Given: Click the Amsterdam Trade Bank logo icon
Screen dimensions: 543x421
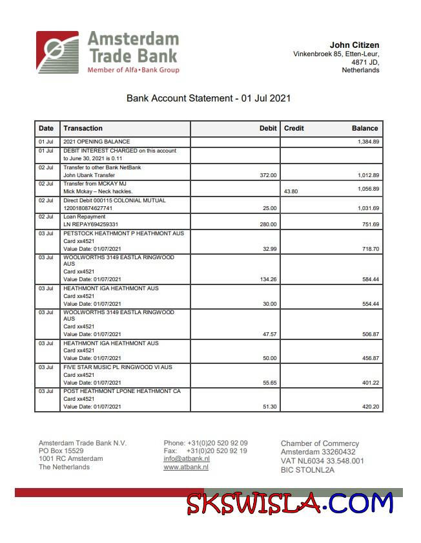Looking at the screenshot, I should [57, 52].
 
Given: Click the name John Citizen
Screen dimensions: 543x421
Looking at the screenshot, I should [354, 45].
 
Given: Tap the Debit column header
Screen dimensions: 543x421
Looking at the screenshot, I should [268, 128].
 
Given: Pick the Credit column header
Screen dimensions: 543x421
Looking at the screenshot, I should [294, 128].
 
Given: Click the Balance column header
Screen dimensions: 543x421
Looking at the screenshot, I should [365, 128].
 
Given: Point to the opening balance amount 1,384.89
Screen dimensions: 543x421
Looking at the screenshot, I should [368, 142].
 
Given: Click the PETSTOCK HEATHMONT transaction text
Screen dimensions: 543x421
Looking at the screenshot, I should [123, 233].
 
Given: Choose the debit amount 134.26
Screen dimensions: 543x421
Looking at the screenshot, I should [267, 279].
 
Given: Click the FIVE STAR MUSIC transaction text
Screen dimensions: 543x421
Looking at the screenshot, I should [118, 367].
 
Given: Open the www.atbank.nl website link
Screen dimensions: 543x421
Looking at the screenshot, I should [186, 467].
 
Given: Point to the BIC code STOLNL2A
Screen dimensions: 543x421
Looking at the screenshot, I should [307, 470].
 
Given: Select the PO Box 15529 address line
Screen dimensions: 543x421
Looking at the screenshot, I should [61, 451].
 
